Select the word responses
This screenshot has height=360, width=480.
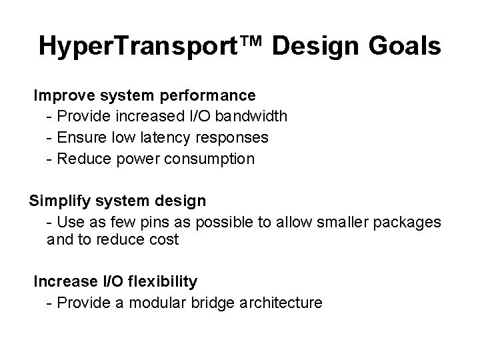pyautogui.click(x=237, y=138)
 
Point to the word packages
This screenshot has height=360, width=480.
pyautogui.click(x=409, y=222)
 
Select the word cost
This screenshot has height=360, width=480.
pyautogui.click(x=165, y=240)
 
